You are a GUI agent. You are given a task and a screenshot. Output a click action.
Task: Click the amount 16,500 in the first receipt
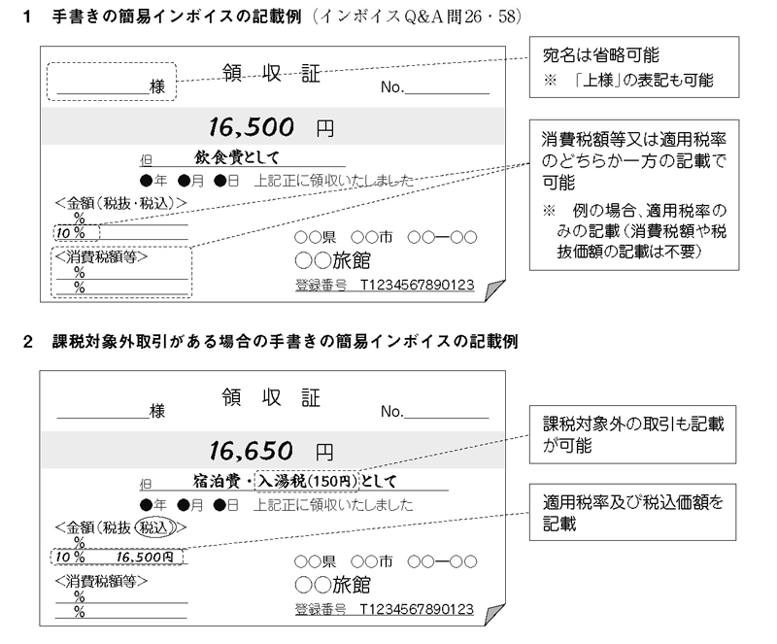(x=251, y=127)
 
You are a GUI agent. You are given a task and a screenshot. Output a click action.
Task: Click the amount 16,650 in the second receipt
(x=251, y=451)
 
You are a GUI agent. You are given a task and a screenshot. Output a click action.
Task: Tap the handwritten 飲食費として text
(x=237, y=157)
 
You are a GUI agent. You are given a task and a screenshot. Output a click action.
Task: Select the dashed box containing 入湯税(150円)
(x=307, y=481)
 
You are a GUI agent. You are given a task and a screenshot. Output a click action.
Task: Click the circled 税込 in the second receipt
(x=156, y=527)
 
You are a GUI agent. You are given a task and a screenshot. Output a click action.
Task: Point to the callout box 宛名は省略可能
(x=634, y=67)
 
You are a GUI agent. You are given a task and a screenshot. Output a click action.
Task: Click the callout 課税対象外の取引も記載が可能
(x=633, y=435)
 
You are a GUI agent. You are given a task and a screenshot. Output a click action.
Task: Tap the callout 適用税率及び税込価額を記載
(x=633, y=512)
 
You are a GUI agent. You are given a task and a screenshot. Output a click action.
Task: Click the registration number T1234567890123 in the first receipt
(x=417, y=285)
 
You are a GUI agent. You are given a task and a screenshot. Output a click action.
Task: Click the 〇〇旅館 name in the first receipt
(x=332, y=260)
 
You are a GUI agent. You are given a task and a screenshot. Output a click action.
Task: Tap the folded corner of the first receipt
(x=494, y=290)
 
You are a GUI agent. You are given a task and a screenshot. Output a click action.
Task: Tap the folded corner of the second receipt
(x=494, y=615)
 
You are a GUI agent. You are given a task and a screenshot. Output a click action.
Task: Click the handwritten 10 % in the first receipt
(x=70, y=232)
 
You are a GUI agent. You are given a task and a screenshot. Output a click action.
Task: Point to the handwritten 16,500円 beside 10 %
(x=145, y=558)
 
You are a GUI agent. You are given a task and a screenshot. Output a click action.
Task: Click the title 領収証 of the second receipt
(x=271, y=397)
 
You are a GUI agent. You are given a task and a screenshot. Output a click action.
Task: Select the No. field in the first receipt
(x=434, y=87)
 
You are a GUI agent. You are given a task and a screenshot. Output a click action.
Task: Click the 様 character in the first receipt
(x=157, y=86)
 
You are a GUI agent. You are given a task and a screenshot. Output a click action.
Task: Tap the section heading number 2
(x=28, y=342)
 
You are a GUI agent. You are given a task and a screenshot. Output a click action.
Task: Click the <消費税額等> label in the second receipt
(x=101, y=581)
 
